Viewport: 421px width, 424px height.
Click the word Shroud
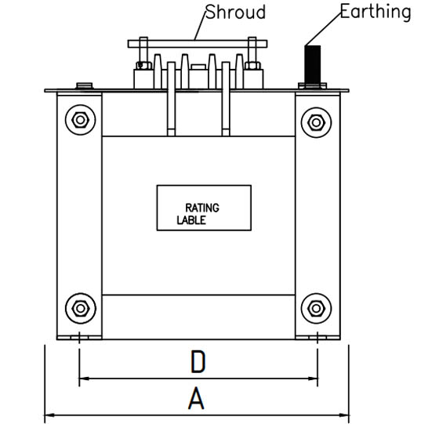point(235,13)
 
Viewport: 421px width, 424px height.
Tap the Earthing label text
point(376,12)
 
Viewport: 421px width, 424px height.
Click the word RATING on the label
point(202,208)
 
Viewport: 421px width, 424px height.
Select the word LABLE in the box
point(191,220)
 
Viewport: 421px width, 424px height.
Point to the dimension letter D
point(198,362)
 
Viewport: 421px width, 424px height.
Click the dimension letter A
point(196,398)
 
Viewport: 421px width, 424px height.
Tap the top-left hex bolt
point(80,120)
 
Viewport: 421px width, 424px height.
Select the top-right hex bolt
point(316,122)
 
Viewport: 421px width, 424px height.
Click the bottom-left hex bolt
point(80,308)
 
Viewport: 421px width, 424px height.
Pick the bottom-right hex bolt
point(316,308)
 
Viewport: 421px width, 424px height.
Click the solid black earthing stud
point(313,65)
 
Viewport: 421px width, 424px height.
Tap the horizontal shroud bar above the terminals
point(198,44)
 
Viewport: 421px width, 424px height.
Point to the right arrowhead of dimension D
point(313,379)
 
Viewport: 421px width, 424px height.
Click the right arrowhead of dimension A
point(343,415)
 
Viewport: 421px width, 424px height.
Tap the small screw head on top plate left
point(85,85)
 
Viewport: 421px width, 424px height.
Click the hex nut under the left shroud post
point(143,65)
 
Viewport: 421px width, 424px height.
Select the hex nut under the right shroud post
point(252,65)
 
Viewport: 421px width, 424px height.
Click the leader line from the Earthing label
point(323,29)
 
